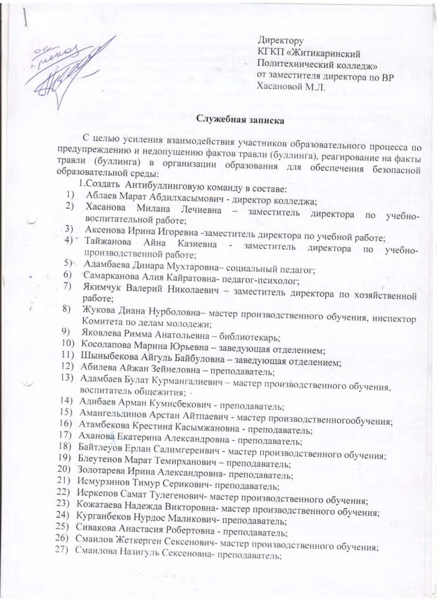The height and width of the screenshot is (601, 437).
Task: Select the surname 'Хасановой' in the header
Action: pos(282,86)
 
